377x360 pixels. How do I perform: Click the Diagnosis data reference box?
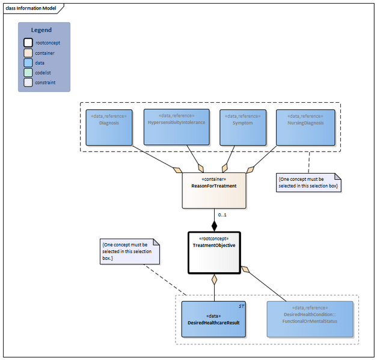109,127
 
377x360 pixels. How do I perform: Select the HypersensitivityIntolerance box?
177,127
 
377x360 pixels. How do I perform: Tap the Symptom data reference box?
244,127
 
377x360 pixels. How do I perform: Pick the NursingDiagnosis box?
305,127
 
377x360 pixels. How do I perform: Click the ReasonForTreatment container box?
214,190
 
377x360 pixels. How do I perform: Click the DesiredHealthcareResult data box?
213,319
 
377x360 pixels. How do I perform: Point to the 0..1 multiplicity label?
222,214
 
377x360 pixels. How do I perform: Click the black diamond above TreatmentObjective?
214,226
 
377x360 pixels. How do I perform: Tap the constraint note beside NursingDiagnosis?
308,183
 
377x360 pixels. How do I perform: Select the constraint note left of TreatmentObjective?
130,252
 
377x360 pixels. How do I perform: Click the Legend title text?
41,30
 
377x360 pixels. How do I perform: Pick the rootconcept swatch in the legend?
28,43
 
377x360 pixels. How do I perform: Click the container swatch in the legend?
28,53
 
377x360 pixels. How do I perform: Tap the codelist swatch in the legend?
28,73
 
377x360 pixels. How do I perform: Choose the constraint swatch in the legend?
28,82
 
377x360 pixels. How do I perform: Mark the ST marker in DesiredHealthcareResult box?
241,307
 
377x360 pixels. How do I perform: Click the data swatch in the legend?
28,63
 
